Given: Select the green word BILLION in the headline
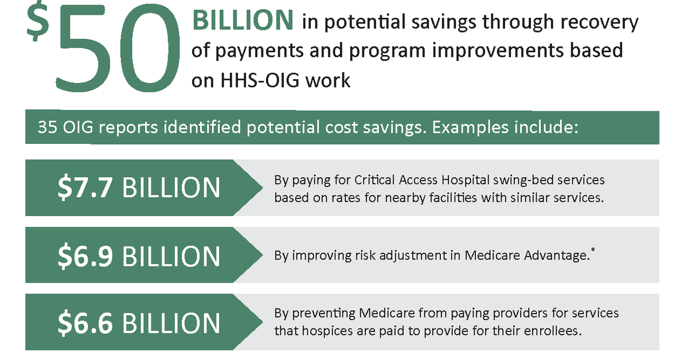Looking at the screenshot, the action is (x=243, y=21).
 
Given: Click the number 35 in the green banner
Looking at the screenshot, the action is (x=48, y=127).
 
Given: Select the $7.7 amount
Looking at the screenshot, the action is (x=85, y=187).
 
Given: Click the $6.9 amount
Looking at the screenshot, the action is (x=85, y=256).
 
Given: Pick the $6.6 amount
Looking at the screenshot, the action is (x=85, y=323).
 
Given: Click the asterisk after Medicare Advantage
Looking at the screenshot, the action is (x=592, y=250).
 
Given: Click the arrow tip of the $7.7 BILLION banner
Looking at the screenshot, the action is (x=263, y=187).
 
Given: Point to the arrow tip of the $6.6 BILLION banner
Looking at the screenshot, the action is (x=263, y=322).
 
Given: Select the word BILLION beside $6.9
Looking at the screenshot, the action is (x=171, y=256).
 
